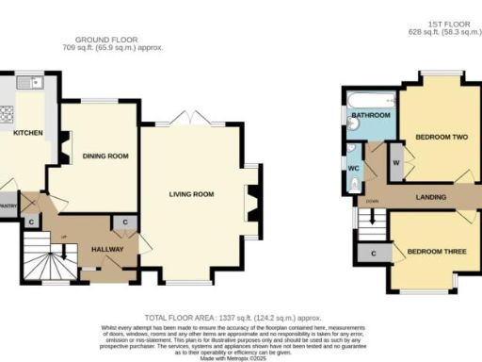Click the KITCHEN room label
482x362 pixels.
point(26,134)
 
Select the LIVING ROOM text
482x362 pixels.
point(191,195)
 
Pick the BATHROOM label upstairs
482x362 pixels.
point(371,116)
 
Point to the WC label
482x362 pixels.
point(353,170)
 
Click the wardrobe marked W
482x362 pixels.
point(395,161)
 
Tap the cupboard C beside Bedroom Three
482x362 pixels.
point(375,254)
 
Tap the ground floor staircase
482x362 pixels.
point(42,257)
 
